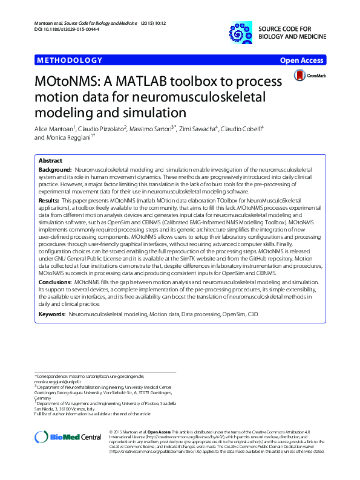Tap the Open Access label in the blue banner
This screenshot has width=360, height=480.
tap(303, 60)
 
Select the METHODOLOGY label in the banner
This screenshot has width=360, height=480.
tap(70, 60)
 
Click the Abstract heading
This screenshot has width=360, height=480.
tap(50, 161)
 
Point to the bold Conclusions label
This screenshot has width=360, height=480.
tap(56, 282)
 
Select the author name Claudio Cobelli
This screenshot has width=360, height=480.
tap(241, 129)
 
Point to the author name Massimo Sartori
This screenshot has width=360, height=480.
tap(154, 129)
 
